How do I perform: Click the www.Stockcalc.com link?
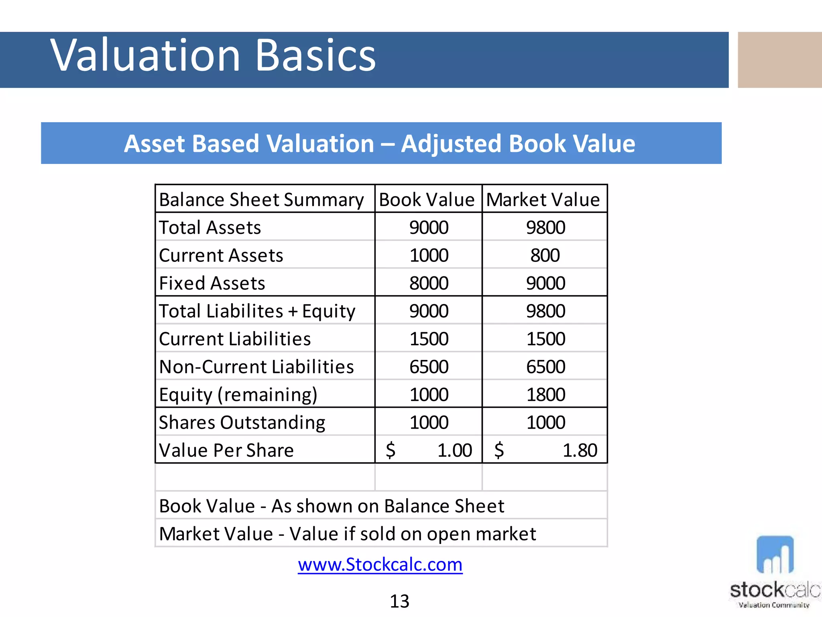tap(380, 564)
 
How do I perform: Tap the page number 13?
tap(399, 601)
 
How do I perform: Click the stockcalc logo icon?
tap(775, 555)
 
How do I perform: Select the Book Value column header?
tap(427, 200)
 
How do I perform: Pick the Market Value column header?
tap(543, 200)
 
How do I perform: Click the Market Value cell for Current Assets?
tap(545, 255)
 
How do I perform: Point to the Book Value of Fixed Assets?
tap(429, 283)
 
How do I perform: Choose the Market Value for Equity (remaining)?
tap(545, 394)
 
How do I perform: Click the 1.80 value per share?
tap(580, 450)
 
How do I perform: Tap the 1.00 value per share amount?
tap(454, 450)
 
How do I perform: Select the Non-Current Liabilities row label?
tap(256, 367)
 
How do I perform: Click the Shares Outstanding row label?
tap(242, 423)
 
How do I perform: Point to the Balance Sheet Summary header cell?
tap(261, 200)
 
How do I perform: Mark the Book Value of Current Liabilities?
tap(429, 339)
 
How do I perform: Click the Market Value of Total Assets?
tap(545, 228)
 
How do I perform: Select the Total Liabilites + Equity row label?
tap(257, 311)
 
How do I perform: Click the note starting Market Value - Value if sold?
tap(347, 534)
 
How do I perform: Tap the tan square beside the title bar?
tap(780, 60)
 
